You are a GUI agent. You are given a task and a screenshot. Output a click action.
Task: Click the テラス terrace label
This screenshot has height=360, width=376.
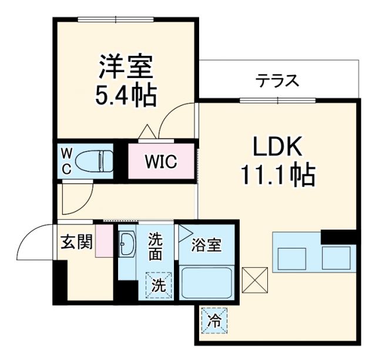277,80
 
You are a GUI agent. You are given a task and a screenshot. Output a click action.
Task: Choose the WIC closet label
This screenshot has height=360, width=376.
161,162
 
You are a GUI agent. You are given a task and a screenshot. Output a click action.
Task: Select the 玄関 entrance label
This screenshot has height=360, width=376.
77,241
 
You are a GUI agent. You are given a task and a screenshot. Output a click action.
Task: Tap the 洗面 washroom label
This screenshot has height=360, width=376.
155,247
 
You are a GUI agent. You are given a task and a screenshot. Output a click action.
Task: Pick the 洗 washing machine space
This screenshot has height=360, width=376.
159,286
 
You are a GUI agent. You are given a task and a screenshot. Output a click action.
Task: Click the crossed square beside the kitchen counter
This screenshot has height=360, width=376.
254,280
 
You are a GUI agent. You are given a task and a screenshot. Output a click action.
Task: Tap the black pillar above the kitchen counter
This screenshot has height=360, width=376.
339,237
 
